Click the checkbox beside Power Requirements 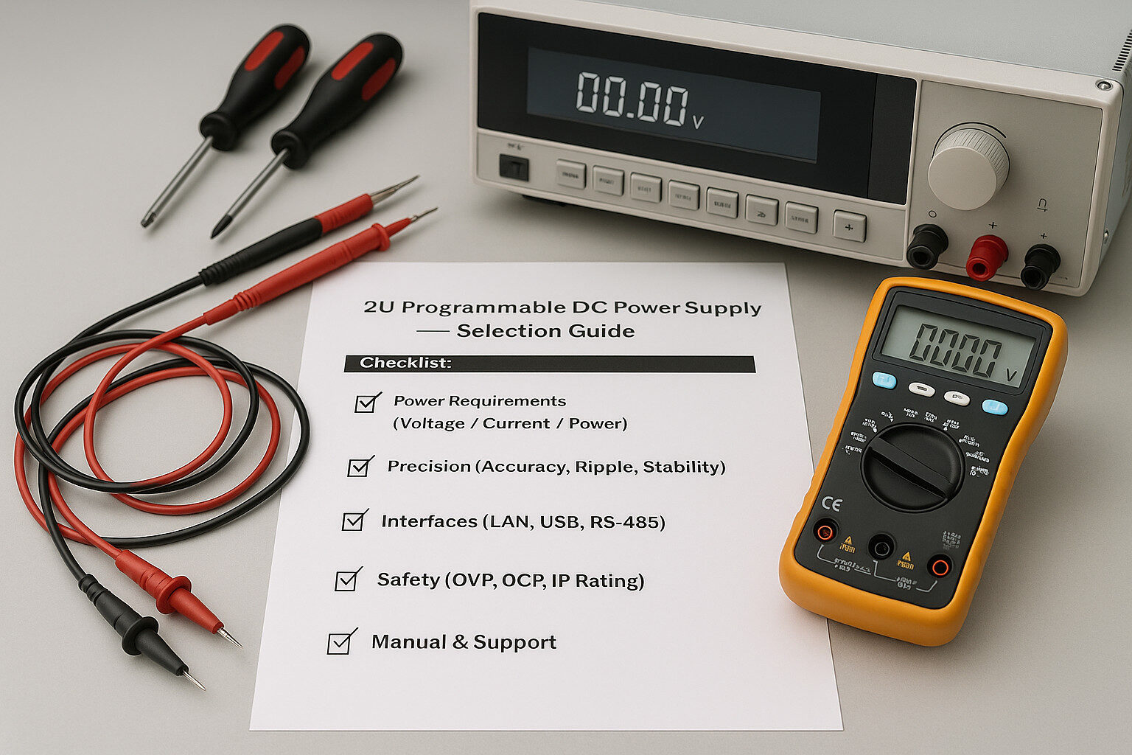coord(366,403)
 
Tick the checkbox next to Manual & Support coord(340,643)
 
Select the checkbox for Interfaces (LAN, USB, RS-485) coord(354,521)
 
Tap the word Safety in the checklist coord(408,580)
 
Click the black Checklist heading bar coord(549,363)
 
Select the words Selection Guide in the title coord(545,331)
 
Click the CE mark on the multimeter coord(831,504)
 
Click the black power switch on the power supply coord(514,167)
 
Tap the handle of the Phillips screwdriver coord(340,95)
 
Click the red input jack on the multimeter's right coord(939,566)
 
